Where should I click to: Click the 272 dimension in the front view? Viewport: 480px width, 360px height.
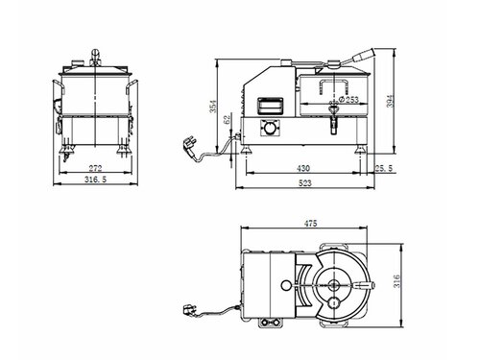(94, 166)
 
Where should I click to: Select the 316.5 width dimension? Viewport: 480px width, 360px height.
(94, 180)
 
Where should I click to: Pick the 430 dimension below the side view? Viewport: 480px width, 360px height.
(303, 167)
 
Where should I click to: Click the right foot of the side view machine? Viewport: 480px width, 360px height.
(362, 149)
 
